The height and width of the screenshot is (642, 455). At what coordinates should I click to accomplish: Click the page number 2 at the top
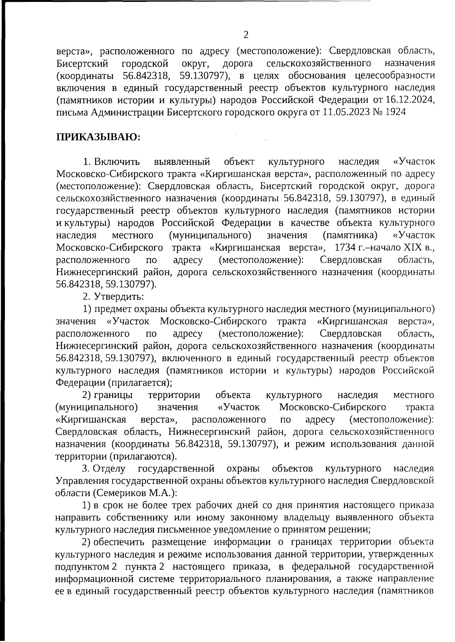click(x=245, y=35)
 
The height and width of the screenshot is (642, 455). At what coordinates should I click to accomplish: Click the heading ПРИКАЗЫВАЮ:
click(x=98, y=137)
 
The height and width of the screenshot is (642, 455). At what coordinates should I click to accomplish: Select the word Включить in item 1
click(x=117, y=162)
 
